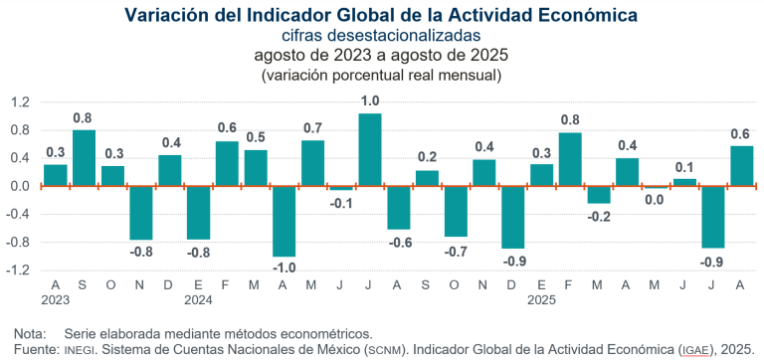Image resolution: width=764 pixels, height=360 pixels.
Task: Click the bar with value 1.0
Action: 370,149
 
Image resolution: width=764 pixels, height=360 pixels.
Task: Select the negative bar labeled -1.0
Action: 284,221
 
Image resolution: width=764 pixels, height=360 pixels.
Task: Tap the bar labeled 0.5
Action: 256,168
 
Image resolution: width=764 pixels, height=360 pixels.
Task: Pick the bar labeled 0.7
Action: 312,163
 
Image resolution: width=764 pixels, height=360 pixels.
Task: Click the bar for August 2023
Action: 55,175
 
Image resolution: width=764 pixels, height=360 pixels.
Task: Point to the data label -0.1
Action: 341,203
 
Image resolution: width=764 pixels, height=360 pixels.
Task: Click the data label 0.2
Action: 427,156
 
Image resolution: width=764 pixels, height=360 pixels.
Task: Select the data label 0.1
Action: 684,166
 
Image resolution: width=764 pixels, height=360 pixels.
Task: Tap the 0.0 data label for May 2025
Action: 656,201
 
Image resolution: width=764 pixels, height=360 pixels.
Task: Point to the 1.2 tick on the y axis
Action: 22,102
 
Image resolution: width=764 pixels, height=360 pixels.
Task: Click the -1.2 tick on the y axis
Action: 20,270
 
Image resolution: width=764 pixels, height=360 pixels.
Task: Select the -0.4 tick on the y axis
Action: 20,214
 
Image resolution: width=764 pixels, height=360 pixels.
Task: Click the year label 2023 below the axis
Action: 55,297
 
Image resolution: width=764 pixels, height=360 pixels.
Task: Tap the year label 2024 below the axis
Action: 198,297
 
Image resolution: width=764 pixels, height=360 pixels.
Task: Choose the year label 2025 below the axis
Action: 541,297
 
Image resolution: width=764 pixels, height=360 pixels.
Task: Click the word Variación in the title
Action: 164,15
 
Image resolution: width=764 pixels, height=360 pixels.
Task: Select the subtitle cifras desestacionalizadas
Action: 381,36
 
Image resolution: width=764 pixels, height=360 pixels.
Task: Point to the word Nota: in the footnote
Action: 32,333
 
